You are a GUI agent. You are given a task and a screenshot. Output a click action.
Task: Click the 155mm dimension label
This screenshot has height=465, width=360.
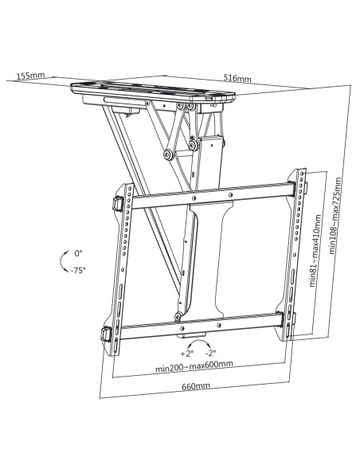click(x=30, y=76)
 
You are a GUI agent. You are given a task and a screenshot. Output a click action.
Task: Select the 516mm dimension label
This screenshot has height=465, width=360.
click(x=237, y=78)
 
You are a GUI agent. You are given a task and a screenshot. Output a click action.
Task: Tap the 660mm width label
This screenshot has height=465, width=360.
click(x=196, y=386)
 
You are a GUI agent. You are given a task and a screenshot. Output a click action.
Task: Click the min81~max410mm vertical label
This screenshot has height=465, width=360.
click(x=315, y=251)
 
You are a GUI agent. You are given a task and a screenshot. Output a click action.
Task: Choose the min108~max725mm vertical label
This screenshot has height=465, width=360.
click(x=335, y=216)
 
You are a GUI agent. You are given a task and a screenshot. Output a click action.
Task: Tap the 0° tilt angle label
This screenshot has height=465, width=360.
click(x=78, y=253)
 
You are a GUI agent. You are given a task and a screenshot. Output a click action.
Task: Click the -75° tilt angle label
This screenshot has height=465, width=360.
click(x=78, y=270)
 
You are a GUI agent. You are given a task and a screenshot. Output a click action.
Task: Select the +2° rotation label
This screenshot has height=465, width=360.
click(x=187, y=354)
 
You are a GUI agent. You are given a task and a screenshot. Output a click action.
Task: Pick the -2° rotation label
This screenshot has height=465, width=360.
click(x=210, y=353)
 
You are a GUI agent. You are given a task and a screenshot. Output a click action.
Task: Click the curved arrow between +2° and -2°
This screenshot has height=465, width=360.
click(x=199, y=341)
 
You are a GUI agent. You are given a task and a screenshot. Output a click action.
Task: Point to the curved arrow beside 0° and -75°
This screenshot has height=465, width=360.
click(x=61, y=262)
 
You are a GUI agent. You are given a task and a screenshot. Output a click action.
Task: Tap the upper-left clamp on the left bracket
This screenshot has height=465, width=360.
click(x=118, y=204)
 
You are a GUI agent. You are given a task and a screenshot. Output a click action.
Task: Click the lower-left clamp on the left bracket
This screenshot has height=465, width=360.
click(x=106, y=334)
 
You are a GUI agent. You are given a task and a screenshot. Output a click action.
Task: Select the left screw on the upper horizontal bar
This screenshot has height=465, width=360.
click(x=194, y=197)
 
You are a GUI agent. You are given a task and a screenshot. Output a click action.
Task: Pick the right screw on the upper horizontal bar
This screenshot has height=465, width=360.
click(x=231, y=195)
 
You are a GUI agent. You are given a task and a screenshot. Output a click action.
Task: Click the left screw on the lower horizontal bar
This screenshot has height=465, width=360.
click(x=182, y=328)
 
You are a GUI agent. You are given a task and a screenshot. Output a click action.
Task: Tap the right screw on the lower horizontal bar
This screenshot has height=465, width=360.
click(x=219, y=326)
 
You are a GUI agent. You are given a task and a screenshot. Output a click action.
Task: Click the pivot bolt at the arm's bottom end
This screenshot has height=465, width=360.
click(x=178, y=316)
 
